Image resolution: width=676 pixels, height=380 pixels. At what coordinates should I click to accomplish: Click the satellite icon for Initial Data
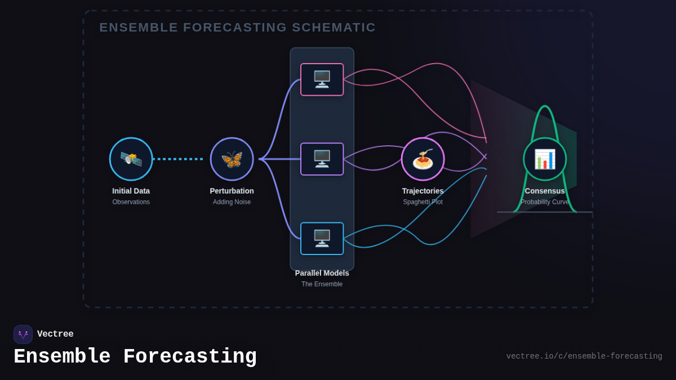click(x=131, y=159)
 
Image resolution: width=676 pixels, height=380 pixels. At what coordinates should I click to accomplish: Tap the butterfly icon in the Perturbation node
click(x=232, y=159)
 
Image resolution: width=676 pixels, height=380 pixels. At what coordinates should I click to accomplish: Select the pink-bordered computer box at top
click(x=322, y=79)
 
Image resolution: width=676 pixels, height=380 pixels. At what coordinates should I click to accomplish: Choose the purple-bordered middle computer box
click(x=322, y=159)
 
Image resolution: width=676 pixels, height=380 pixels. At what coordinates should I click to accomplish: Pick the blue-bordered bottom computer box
click(x=322, y=238)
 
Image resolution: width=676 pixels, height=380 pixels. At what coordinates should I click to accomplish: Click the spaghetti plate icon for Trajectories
click(x=422, y=159)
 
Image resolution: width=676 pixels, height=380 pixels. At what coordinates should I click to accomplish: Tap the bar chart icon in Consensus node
click(x=544, y=159)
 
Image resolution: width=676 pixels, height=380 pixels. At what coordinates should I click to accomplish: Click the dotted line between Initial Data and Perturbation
click(x=178, y=159)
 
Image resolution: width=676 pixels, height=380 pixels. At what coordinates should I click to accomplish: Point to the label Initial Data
click(x=131, y=191)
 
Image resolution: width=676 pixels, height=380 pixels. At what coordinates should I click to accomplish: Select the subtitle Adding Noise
click(x=232, y=202)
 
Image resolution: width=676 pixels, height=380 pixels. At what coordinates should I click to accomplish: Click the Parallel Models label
click(x=322, y=273)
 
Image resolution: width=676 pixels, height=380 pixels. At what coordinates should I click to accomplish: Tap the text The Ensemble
click(x=322, y=284)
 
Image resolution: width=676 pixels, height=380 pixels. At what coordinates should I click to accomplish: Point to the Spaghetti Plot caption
click(x=422, y=202)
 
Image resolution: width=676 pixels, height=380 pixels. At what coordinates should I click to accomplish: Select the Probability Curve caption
click(x=544, y=202)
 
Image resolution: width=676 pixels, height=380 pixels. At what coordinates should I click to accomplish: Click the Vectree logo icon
click(x=23, y=334)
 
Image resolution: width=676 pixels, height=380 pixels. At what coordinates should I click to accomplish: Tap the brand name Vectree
click(x=55, y=334)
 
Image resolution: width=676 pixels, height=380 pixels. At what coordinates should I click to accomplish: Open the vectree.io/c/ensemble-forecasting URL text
click(x=584, y=356)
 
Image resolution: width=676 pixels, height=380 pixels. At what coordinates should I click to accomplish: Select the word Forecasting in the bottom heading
click(x=190, y=357)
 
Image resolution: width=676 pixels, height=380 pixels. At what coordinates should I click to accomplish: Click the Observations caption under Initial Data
click(x=131, y=202)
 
